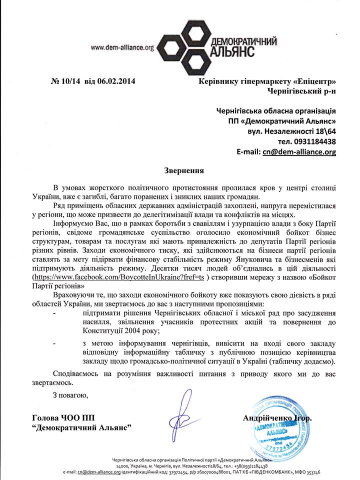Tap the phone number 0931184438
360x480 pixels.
click(x=310, y=141)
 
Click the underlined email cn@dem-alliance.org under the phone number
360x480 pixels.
click(x=299, y=152)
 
